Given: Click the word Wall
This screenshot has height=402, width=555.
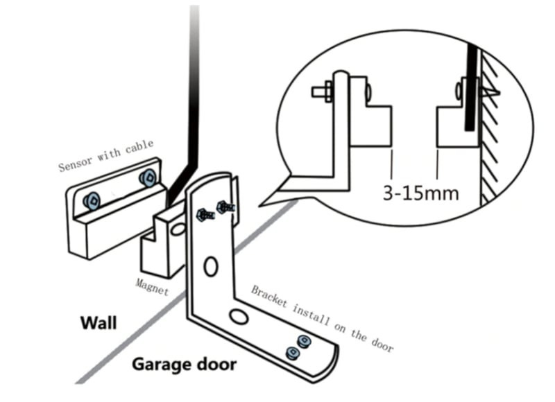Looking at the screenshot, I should click(x=99, y=323).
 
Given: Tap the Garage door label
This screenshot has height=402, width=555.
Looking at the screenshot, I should click(x=185, y=364).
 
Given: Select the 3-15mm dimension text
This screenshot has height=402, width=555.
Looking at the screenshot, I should click(x=421, y=192).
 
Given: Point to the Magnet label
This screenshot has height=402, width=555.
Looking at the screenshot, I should click(x=152, y=286).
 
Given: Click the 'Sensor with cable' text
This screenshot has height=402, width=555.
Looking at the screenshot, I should click(x=105, y=155).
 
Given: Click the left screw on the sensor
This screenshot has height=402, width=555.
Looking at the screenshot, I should click(x=91, y=201).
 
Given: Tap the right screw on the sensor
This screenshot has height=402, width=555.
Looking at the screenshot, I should click(x=146, y=177).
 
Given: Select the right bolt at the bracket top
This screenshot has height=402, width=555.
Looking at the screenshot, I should click(x=225, y=206).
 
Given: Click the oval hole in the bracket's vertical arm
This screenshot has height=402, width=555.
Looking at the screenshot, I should click(x=211, y=265).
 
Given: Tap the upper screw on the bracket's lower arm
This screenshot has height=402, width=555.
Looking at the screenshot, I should click(x=303, y=340).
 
